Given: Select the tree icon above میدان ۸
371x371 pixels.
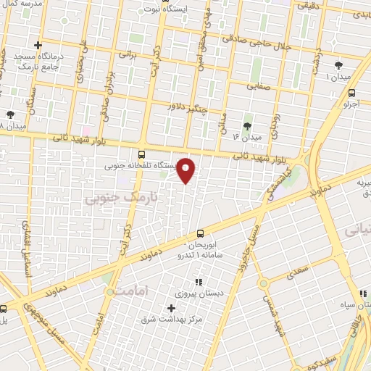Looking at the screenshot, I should pos(10,114).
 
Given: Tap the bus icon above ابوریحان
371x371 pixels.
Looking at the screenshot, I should pos(201,233).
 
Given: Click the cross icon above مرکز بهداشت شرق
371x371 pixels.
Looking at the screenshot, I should pos(171,308).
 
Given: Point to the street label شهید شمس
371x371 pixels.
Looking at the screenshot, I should pos(280,317).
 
